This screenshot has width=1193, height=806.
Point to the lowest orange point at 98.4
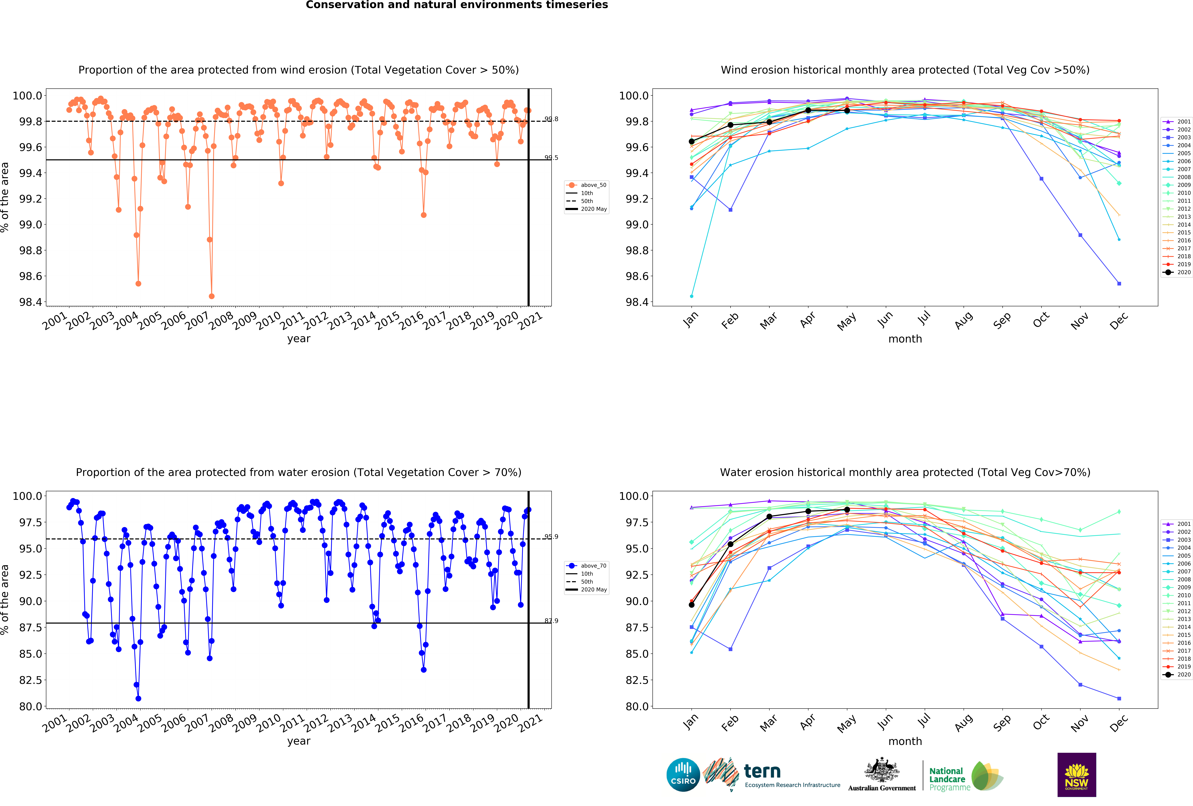pos(212,296)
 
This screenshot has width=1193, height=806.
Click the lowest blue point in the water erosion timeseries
pos(138,698)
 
